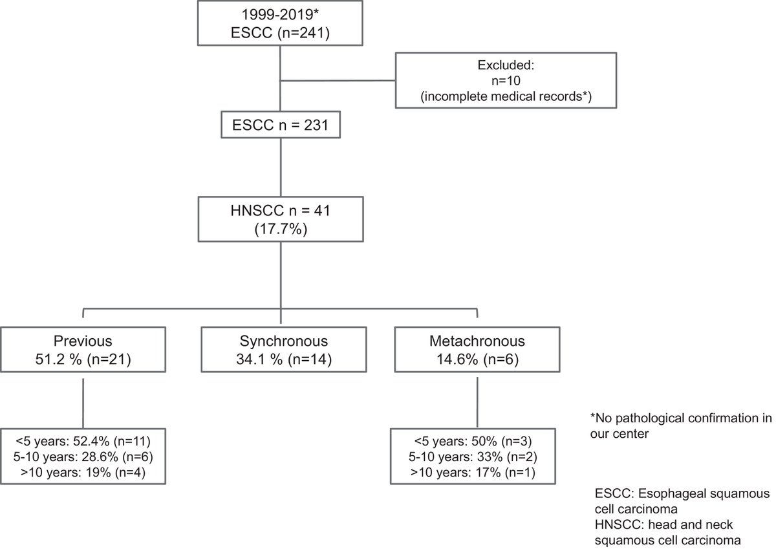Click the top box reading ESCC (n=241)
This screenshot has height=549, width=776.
(279, 24)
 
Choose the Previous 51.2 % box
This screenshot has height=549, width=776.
(83, 350)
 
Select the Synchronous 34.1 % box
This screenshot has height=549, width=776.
(280, 350)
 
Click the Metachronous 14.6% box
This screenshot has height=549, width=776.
(477, 350)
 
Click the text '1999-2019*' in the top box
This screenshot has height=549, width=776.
(279, 14)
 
